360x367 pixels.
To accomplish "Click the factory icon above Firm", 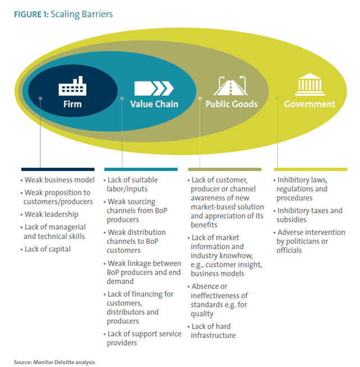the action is point(72,86).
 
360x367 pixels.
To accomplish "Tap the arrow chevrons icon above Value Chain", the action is point(154,88).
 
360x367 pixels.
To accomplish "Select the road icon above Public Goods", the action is point(231,86).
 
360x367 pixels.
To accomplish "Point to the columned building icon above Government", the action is point(310,84).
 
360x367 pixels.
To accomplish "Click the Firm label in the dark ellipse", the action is point(73,104).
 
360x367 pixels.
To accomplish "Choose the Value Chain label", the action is point(154,104).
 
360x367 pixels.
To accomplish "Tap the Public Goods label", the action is point(231,104).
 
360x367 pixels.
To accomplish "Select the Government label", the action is point(309,104).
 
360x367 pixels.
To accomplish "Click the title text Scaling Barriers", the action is point(82,15).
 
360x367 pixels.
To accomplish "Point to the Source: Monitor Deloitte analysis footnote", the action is point(54,362).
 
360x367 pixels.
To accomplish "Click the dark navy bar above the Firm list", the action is point(58,169).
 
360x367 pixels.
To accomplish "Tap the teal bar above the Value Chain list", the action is point(141,169).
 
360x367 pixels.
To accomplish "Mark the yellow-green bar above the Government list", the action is point(310,169).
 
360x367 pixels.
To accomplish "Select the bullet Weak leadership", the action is point(49,214).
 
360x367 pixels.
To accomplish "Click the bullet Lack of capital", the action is point(46,249).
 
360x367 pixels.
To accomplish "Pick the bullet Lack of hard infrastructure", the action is point(211,331).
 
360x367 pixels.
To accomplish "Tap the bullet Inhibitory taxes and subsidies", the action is point(308,215).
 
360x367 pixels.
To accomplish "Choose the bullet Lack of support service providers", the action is point(142,338).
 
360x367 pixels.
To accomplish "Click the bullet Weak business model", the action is point(57,180).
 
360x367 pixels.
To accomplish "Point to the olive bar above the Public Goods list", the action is point(224,169).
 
